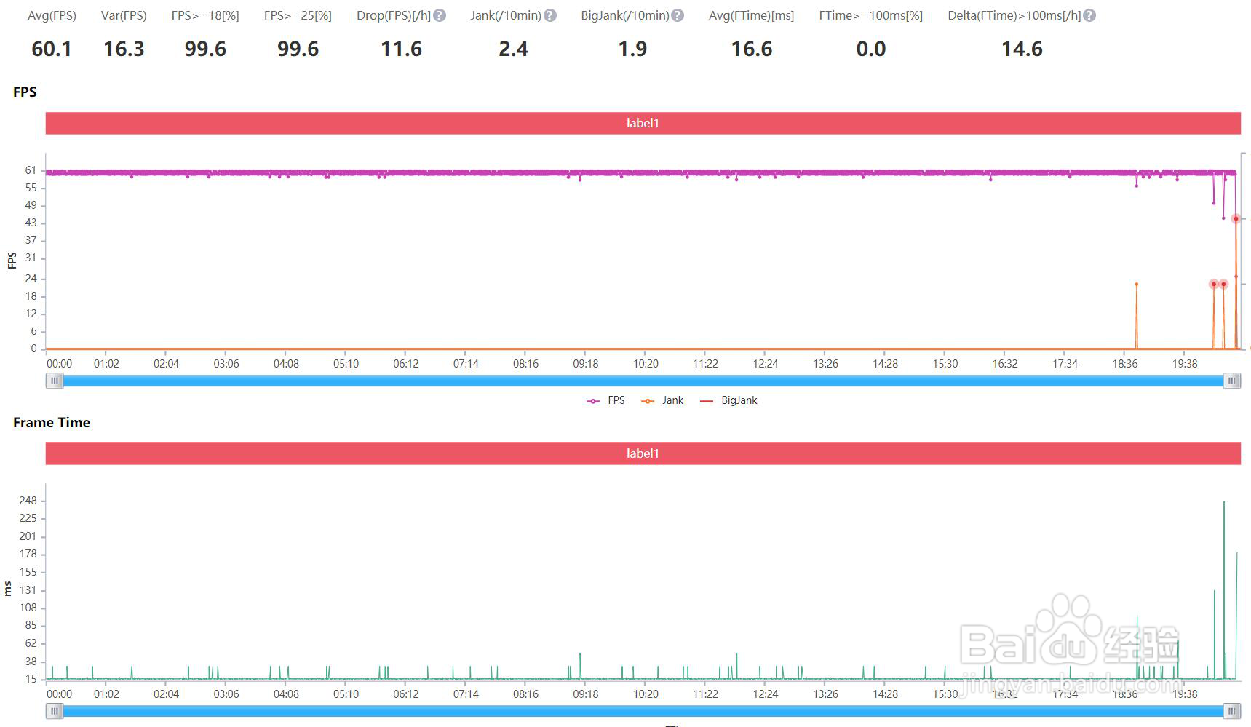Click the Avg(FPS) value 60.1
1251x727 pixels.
point(52,49)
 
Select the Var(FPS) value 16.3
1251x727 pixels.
point(124,49)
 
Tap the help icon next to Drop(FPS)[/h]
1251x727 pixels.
point(440,15)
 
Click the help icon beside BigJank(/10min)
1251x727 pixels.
point(678,15)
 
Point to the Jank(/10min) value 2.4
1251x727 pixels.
point(513,49)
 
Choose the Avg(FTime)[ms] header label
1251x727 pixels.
point(751,15)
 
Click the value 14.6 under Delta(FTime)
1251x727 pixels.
point(1022,49)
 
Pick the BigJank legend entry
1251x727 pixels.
point(728,400)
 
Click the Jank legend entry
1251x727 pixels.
point(663,400)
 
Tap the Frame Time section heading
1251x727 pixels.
point(52,422)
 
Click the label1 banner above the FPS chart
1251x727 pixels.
point(643,123)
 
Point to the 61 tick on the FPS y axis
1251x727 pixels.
point(31,170)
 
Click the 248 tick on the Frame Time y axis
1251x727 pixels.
point(28,501)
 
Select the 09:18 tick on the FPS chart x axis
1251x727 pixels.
point(585,364)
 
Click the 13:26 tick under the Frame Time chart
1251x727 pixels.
point(825,694)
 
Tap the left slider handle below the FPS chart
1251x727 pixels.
point(55,381)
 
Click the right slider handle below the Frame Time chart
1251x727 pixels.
point(1231,711)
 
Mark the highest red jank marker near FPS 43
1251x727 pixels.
point(1236,218)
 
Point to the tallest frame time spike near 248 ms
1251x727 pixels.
point(1224,503)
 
